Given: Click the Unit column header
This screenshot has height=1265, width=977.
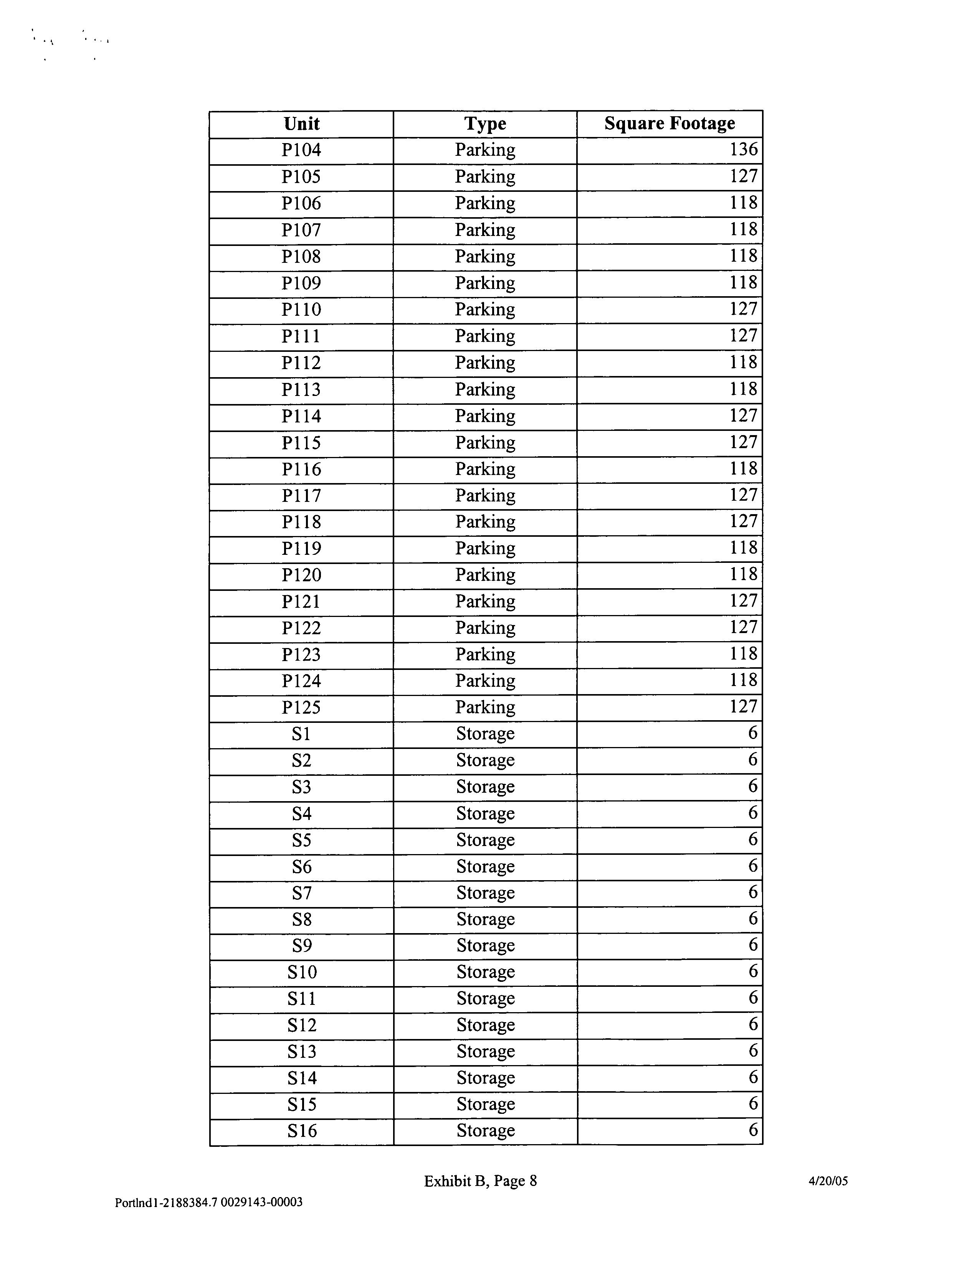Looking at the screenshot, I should click(x=301, y=124).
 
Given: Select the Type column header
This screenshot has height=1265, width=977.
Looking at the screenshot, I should click(x=485, y=124).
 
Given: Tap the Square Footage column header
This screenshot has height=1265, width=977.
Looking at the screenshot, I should click(x=669, y=124).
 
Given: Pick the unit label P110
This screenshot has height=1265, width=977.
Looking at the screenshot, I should click(x=301, y=309).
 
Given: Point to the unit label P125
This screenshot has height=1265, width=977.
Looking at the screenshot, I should click(x=301, y=707).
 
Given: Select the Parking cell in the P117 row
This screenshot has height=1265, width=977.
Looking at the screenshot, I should click(x=485, y=495).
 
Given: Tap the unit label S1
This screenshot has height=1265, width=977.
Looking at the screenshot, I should click(x=301, y=734).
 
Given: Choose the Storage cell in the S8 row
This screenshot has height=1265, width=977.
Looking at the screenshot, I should click(x=485, y=919).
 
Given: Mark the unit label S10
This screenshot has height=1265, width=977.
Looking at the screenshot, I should click(x=301, y=972).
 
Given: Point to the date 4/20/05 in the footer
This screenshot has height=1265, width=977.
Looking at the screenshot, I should click(x=828, y=1181).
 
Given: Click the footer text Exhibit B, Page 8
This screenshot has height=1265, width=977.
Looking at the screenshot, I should click(x=480, y=1181).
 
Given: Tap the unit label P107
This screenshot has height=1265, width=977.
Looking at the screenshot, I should click(x=301, y=230).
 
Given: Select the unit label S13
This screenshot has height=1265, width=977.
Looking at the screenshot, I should click(x=301, y=1051).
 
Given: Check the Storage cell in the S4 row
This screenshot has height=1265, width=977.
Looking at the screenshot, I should click(x=485, y=813).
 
